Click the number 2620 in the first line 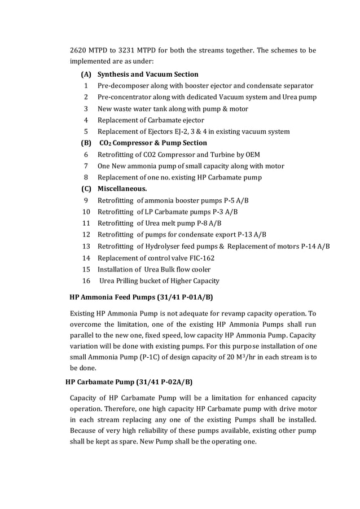(79, 51)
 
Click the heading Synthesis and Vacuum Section (148, 74)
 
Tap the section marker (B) (86, 143)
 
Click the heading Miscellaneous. (122, 188)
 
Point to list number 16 (86, 280)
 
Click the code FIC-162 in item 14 (201, 258)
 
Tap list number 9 (86, 200)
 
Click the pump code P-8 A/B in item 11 (205, 223)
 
